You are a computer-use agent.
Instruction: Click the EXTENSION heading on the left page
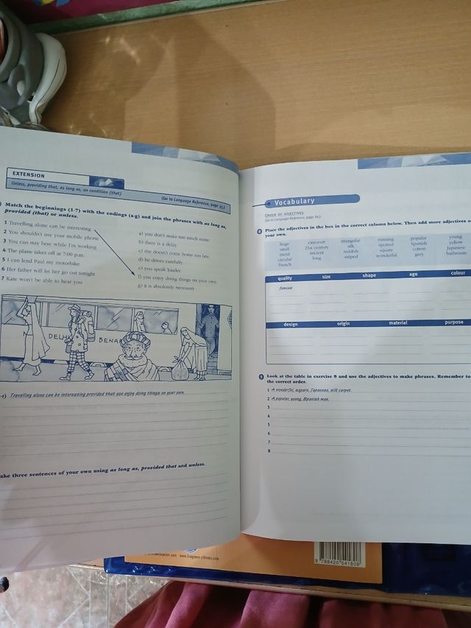pos(29,175)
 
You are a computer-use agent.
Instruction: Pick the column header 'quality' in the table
pos(285,278)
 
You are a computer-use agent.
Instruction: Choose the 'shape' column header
pos(369,275)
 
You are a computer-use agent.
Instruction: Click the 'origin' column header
pos(343,323)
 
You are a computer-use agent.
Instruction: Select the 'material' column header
pos(397,322)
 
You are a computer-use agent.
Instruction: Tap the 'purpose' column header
pos(453,322)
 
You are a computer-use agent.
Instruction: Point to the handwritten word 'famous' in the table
pos(286,289)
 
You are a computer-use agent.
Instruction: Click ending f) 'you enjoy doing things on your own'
pos(177,281)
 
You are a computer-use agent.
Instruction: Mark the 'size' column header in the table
pos(326,277)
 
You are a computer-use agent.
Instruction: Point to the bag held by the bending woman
pos(180,370)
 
